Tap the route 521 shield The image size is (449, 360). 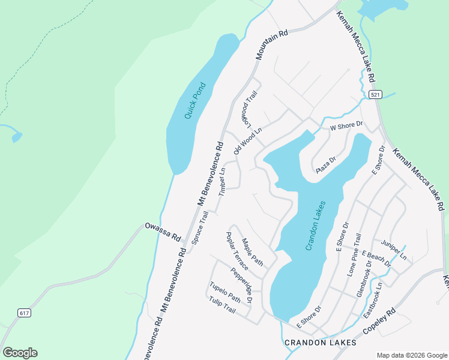click(x=375, y=95)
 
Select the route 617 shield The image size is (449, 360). click(x=24, y=313)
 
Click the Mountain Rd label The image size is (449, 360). click(x=271, y=44)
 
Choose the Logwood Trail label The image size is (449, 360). click(x=249, y=109)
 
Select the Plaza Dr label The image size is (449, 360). click(x=326, y=166)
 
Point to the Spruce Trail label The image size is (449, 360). click(x=199, y=227)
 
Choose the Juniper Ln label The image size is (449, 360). click(x=394, y=249)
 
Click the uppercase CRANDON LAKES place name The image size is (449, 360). click(x=320, y=343)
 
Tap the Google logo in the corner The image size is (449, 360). click(x=20, y=353)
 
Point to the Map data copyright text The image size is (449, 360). click(x=411, y=355)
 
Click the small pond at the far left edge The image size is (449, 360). click(x=16, y=137)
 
